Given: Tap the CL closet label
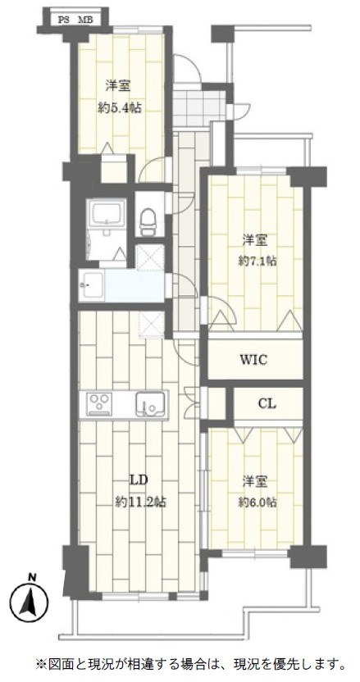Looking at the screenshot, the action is pos(267,403).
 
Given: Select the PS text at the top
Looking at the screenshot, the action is pos(65,20).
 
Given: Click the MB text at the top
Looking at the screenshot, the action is pos(83,20).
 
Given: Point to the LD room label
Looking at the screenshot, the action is pos(139,480).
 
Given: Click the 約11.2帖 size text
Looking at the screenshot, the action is pos(139,502).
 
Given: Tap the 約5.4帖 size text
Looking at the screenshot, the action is pos(119,108).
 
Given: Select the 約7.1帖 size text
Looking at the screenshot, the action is pos(257,261).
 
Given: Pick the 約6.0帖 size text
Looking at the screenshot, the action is pos(257,502).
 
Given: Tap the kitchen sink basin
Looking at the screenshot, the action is pos(150,406).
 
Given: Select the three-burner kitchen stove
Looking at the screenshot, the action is pos(99,404).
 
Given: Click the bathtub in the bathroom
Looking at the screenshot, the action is pos(107,214).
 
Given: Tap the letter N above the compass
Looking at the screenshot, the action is pos(31,578).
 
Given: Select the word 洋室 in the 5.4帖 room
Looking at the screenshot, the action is pos(119,86).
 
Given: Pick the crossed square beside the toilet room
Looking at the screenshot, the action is pos(150,257).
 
